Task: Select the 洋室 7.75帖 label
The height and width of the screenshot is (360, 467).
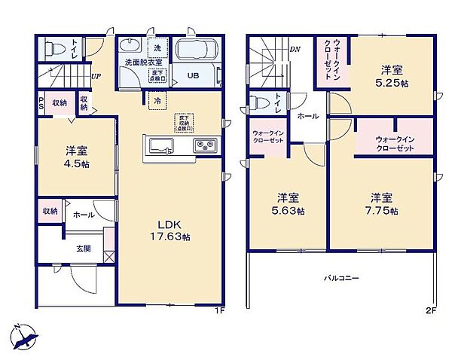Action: click(383, 204)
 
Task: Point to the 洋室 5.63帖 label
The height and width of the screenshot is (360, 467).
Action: click(289, 204)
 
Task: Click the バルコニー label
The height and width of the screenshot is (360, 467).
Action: click(341, 278)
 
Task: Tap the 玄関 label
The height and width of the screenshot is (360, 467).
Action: click(82, 249)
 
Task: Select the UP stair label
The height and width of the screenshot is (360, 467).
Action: click(96, 76)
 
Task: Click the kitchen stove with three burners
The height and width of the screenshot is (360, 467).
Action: click(205, 145)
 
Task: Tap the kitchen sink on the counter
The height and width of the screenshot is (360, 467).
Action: click(160, 145)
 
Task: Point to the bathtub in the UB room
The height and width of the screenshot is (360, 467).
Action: click(196, 53)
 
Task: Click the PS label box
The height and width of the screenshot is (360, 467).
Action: click(40, 103)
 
